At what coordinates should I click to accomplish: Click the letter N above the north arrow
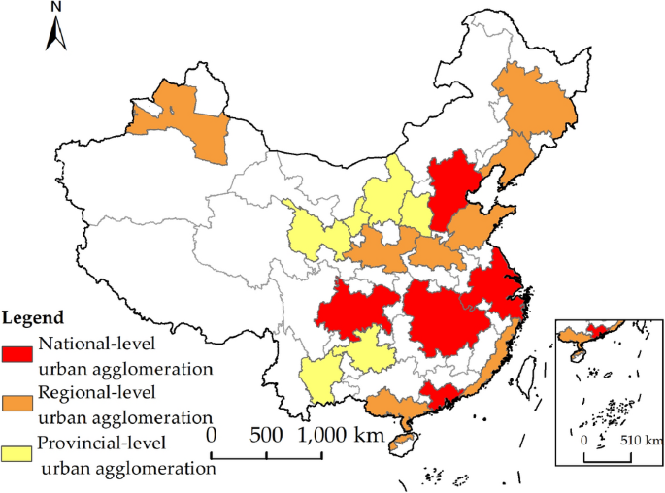click(x=55, y=8)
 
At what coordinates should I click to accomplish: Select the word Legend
click(x=34, y=317)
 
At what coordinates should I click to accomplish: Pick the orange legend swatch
click(x=18, y=400)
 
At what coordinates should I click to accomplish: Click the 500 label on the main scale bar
click(x=266, y=434)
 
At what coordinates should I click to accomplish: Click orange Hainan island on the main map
click(x=398, y=444)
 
